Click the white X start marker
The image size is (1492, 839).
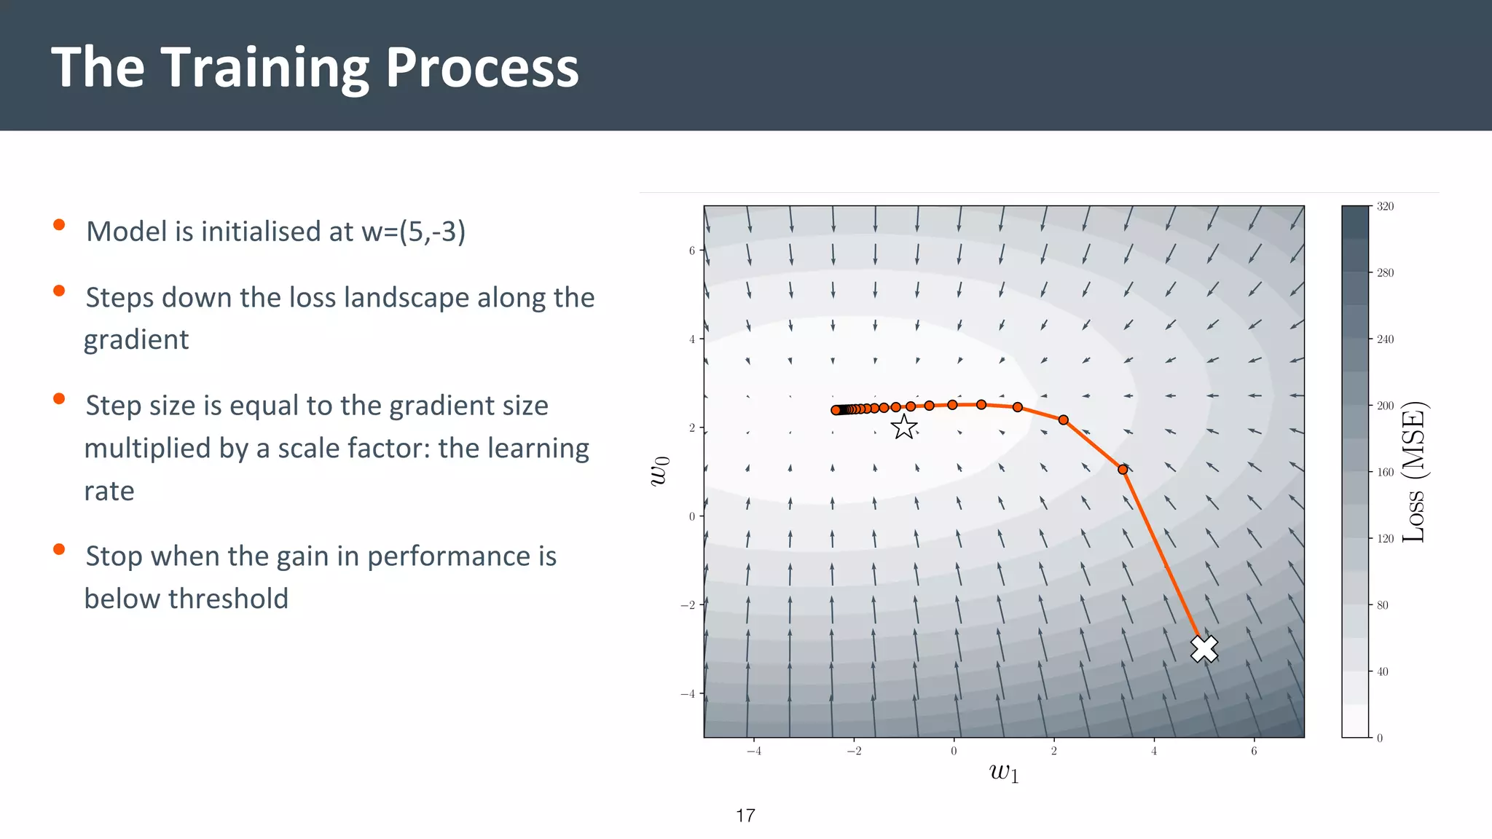[1204, 648]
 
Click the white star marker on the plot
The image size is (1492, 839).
[904, 427]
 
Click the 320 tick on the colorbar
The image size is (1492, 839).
[1385, 207]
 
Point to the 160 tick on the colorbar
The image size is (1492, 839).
[1385, 472]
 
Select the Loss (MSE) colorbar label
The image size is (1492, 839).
[1414, 472]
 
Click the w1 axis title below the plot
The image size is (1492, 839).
[1004, 772]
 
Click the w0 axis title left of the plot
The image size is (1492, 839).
[659, 471]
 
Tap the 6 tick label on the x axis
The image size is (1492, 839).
[1254, 751]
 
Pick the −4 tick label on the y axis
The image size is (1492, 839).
[688, 693]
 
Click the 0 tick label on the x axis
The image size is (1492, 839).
[954, 751]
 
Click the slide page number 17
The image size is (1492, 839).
[745, 816]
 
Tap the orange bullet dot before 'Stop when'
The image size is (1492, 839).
[59, 549]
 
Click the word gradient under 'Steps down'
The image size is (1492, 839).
[136, 339]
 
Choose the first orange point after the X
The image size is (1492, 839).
[1123, 470]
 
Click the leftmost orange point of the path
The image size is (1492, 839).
[836, 410]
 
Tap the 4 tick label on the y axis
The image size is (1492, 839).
[692, 339]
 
